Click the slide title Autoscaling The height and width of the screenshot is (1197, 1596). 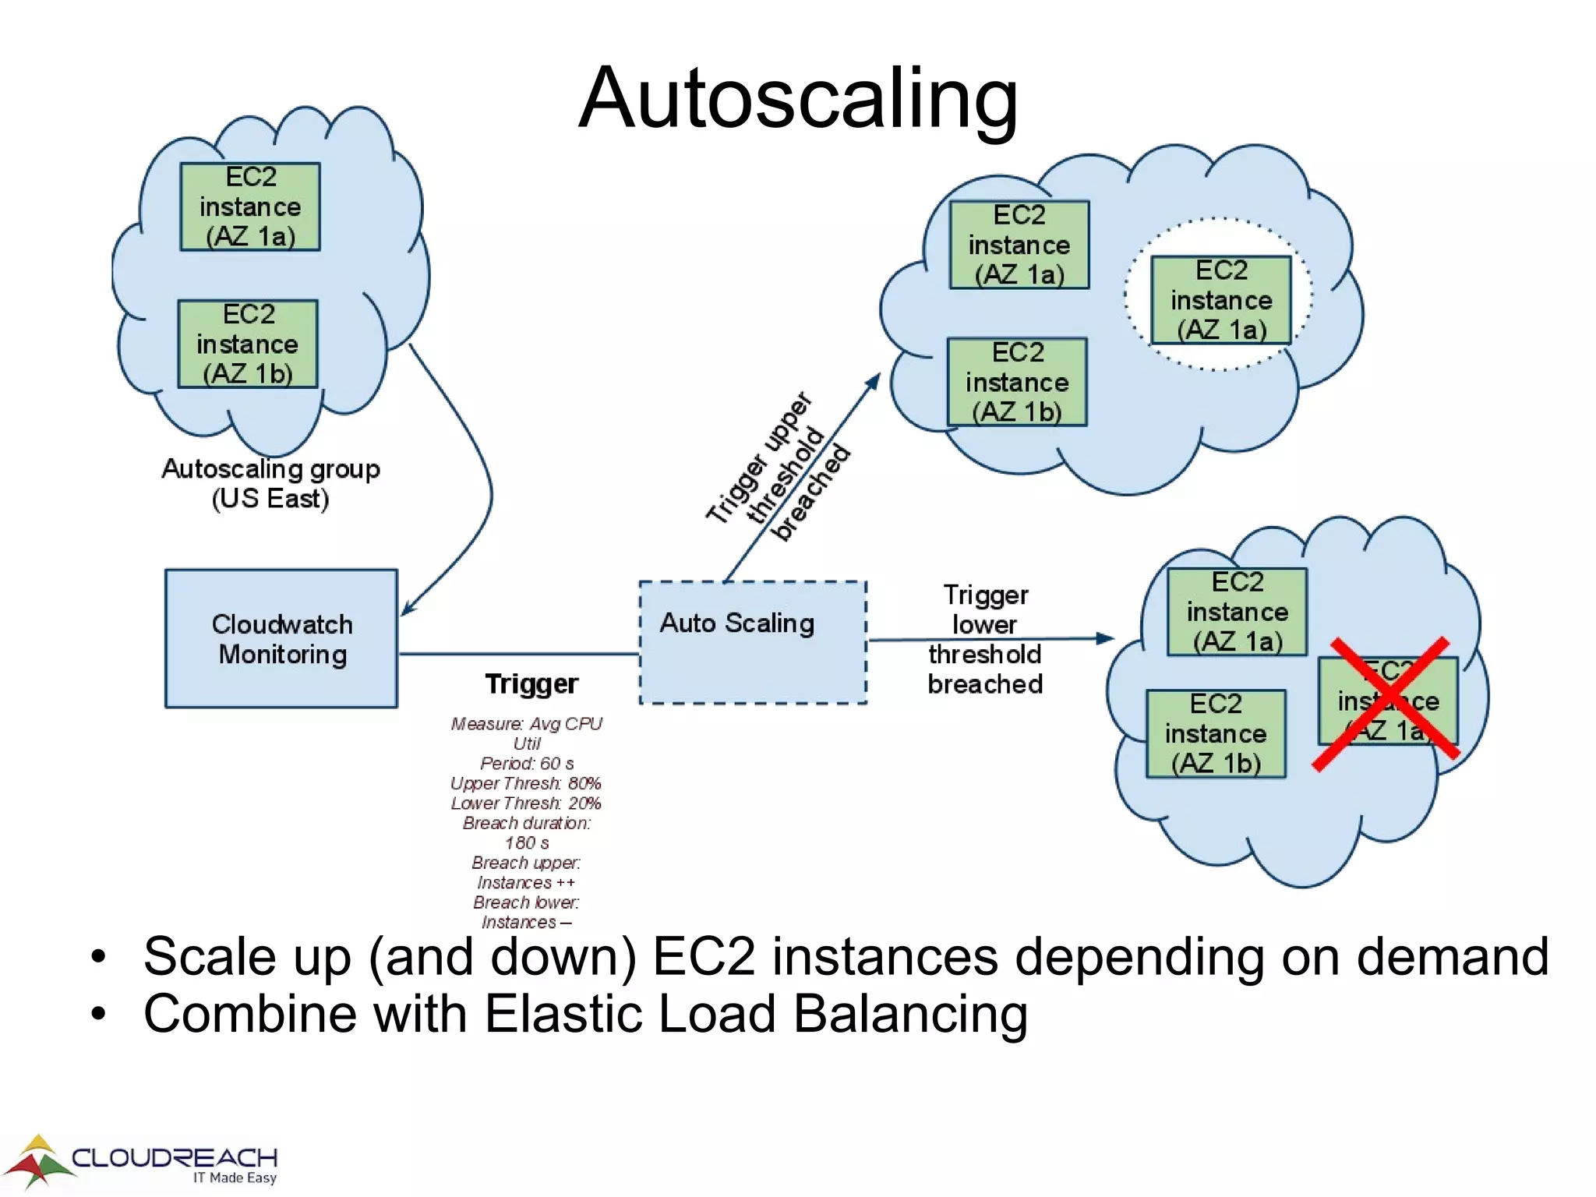(x=798, y=98)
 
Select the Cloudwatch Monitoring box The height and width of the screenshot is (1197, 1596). (x=281, y=639)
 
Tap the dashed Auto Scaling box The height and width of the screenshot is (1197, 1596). (x=752, y=642)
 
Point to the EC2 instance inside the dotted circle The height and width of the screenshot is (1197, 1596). (x=1221, y=300)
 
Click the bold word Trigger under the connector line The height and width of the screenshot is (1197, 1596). (x=531, y=683)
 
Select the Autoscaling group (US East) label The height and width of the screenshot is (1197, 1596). (x=270, y=483)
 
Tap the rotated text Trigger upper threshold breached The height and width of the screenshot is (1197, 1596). (x=778, y=467)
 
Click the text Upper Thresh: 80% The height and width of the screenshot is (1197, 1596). (x=526, y=783)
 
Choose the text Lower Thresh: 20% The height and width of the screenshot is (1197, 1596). (x=526, y=803)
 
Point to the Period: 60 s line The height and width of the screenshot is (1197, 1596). (x=527, y=763)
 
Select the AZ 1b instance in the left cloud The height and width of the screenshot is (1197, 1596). (x=248, y=344)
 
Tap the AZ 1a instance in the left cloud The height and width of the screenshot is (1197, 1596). (x=250, y=207)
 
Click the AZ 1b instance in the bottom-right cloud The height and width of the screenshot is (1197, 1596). (x=1216, y=733)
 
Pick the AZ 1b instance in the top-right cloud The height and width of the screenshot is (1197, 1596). (x=1017, y=382)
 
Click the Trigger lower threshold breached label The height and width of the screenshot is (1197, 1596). (x=985, y=639)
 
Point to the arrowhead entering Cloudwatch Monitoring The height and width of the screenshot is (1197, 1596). (x=408, y=609)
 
